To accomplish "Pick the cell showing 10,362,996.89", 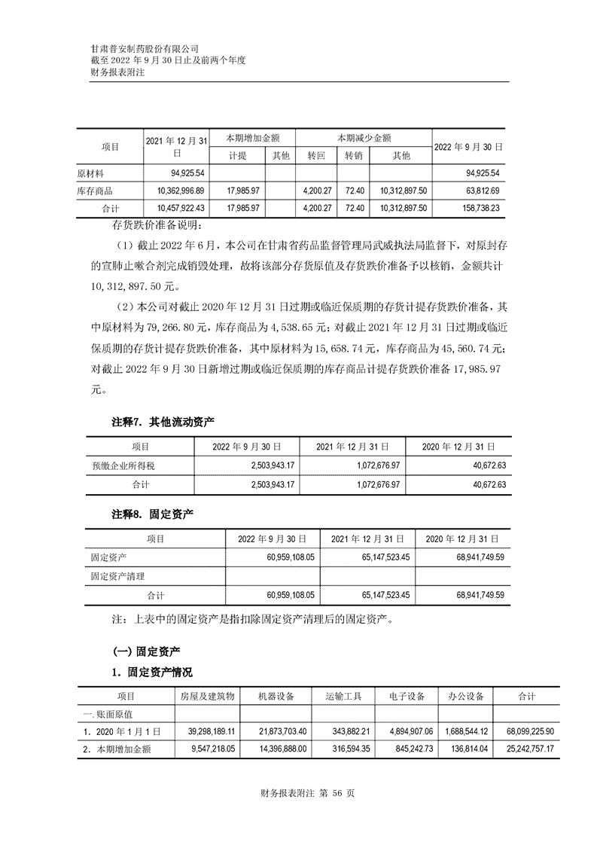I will [178, 191].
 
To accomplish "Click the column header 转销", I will [354, 156].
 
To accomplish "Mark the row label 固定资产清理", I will [115, 577].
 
